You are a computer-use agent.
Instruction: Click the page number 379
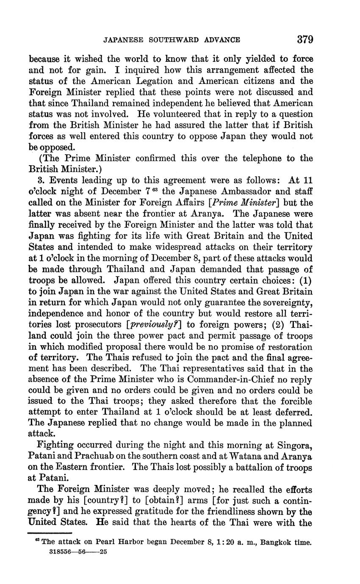[305, 40]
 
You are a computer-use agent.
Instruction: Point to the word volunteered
[119, 114]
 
